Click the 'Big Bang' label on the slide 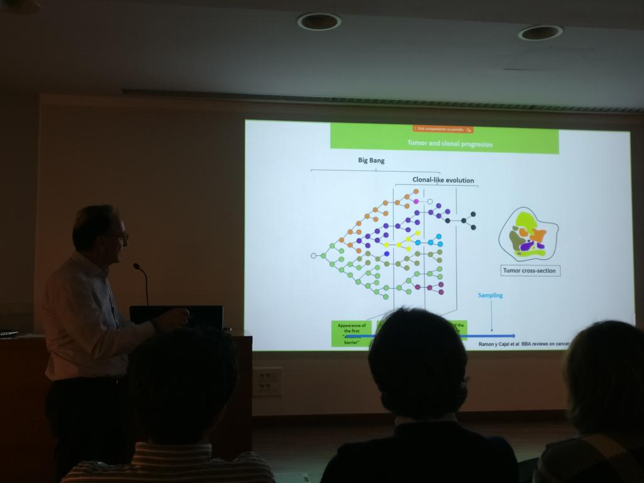[x=371, y=160]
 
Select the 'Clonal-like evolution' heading [x=443, y=180]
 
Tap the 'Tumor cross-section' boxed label [x=530, y=271]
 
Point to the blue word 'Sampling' [x=491, y=295]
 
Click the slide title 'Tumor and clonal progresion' [x=450, y=144]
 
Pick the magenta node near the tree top [x=416, y=201]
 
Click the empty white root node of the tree [x=313, y=255]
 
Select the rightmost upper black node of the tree [x=473, y=214]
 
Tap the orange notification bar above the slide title [x=443, y=130]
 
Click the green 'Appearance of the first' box [x=352, y=333]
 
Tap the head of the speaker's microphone [x=136, y=266]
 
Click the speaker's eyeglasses [x=120, y=236]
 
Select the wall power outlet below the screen [x=267, y=382]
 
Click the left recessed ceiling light [x=319, y=21]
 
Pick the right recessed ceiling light [x=540, y=33]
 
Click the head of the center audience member [x=418, y=362]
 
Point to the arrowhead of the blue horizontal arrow [x=513, y=336]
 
